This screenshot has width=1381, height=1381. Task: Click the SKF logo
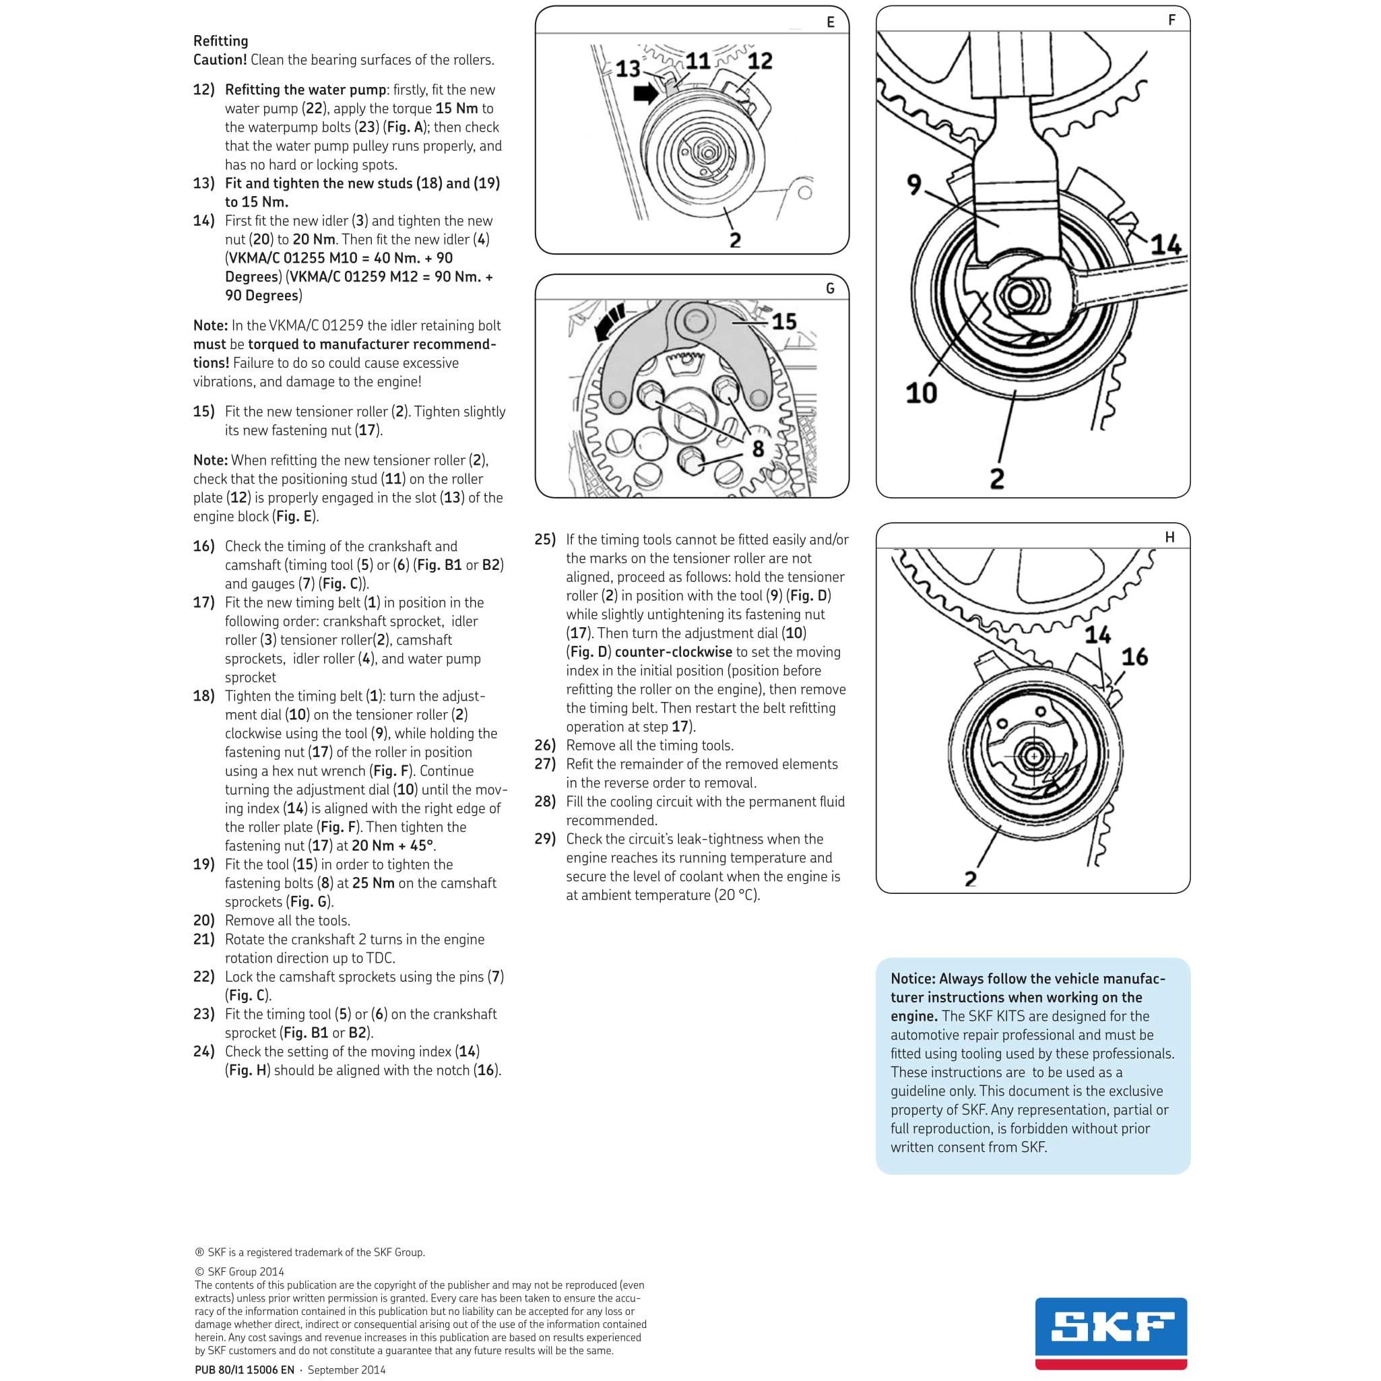pyautogui.click(x=1112, y=1334)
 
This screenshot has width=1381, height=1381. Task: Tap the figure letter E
pyautogui.click(x=830, y=22)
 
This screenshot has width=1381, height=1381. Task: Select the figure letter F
pyautogui.click(x=1171, y=20)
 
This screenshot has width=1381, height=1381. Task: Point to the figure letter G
pyautogui.click(x=830, y=289)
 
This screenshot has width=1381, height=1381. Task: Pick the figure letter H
pyautogui.click(x=1169, y=537)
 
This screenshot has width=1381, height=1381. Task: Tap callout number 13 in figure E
pyautogui.click(x=628, y=69)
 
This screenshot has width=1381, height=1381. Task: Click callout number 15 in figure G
pyautogui.click(x=784, y=321)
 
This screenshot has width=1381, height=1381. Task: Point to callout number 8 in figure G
pyautogui.click(x=758, y=449)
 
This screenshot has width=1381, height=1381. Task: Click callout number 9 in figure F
pyautogui.click(x=914, y=185)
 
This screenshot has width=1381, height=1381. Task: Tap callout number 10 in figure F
pyautogui.click(x=921, y=393)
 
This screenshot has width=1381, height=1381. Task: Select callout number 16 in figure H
pyautogui.click(x=1134, y=656)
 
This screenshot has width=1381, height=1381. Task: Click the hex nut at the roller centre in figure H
pyautogui.click(x=1033, y=757)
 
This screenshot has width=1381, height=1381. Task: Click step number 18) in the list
pyautogui.click(x=203, y=695)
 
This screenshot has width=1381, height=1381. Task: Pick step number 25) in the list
pyautogui.click(x=545, y=540)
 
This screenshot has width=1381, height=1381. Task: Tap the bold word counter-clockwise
pyautogui.click(x=674, y=652)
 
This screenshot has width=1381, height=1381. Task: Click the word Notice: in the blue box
pyautogui.click(x=913, y=979)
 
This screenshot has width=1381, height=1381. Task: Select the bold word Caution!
pyautogui.click(x=220, y=60)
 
